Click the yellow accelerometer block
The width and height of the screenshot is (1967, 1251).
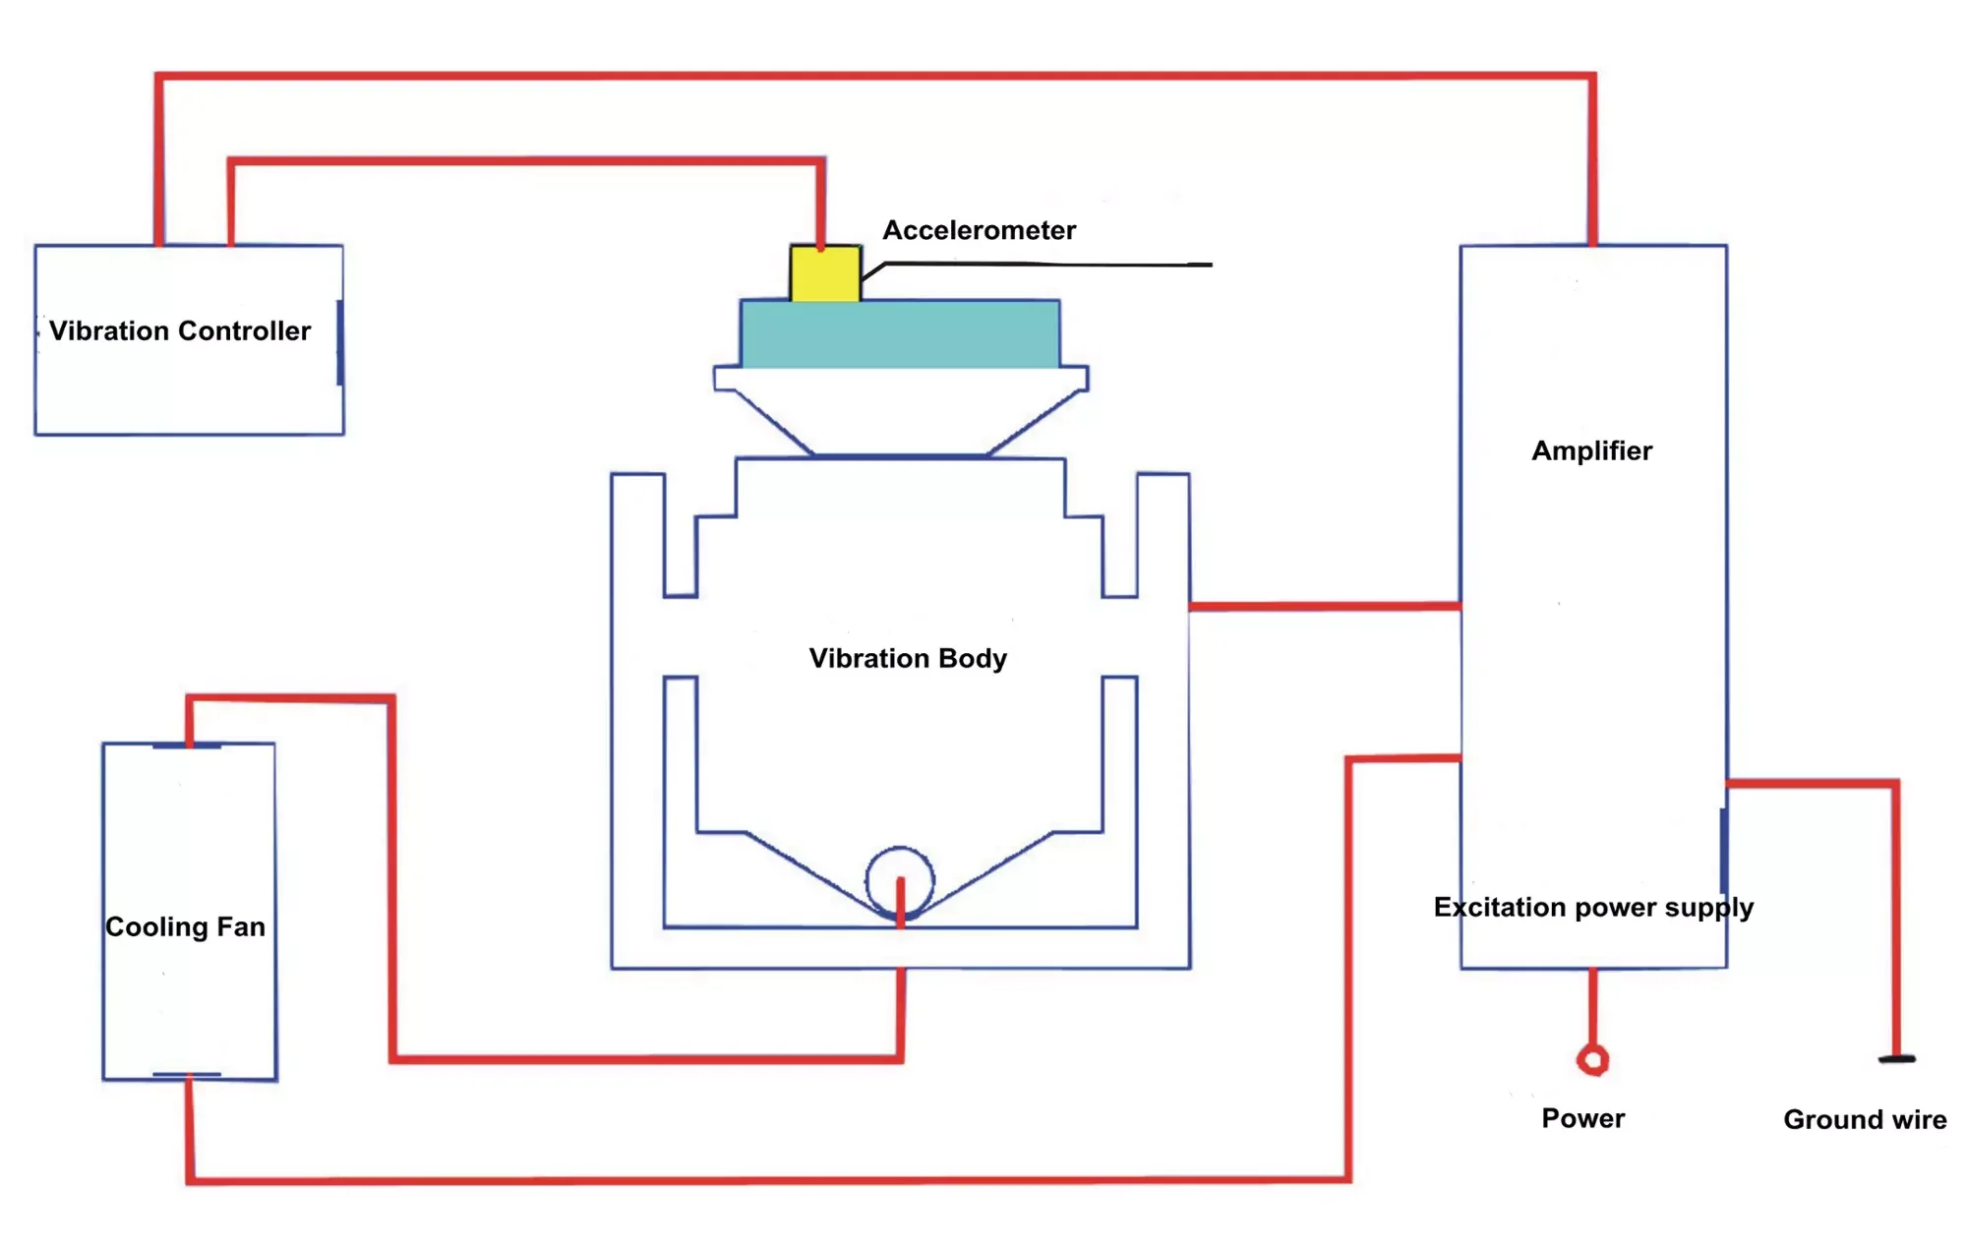824,274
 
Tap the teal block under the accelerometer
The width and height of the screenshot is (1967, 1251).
900,334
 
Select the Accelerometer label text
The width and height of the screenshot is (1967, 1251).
979,230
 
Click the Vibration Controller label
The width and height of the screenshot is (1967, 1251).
180,331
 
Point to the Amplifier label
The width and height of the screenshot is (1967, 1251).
1591,451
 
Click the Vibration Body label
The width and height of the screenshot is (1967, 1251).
908,658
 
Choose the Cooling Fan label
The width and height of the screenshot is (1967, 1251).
185,926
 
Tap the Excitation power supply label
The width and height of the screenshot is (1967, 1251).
1593,907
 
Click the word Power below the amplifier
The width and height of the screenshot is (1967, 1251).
1582,1118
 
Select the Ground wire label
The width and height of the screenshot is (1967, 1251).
1865,1119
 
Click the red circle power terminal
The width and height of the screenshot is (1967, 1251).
1592,1059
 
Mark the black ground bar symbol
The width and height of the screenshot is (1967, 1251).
1897,1059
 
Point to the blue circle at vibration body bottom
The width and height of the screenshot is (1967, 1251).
900,878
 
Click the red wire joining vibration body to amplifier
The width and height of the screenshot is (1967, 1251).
1324,607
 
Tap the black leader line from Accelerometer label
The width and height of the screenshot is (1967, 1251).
1043,264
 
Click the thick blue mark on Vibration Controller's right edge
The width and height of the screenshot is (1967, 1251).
339,342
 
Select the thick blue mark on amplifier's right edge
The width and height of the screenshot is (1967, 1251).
1723,850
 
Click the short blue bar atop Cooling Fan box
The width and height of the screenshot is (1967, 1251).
187,746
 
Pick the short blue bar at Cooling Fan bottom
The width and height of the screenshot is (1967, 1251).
187,1075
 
